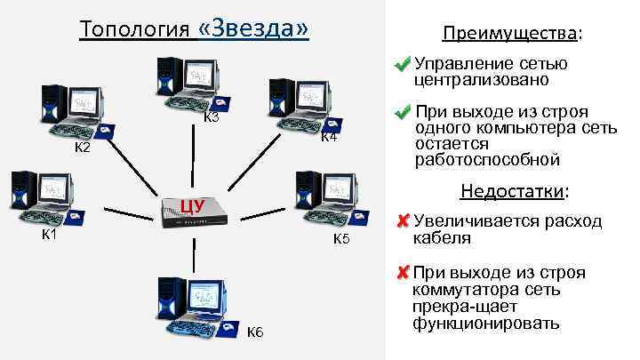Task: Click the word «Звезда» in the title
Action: (255, 28)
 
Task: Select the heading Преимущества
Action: (507, 34)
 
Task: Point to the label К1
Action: (51, 235)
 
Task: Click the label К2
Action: (82, 148)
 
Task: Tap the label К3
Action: (211, 118)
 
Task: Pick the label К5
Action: (342, 239)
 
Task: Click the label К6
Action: (255, 332)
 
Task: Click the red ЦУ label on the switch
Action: (192, 206)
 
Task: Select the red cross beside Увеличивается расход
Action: (403, 220)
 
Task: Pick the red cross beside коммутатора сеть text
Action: (403, 272)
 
